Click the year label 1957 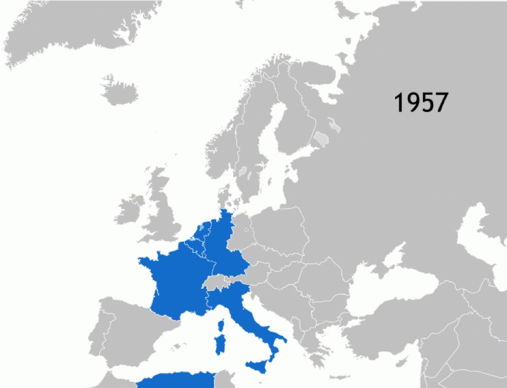[x=420, y=103]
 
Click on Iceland [x=119, y=90]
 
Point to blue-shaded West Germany [x=222, y=244]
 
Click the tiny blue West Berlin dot [x=244, y=230]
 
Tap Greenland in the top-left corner [x=72, y=28]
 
